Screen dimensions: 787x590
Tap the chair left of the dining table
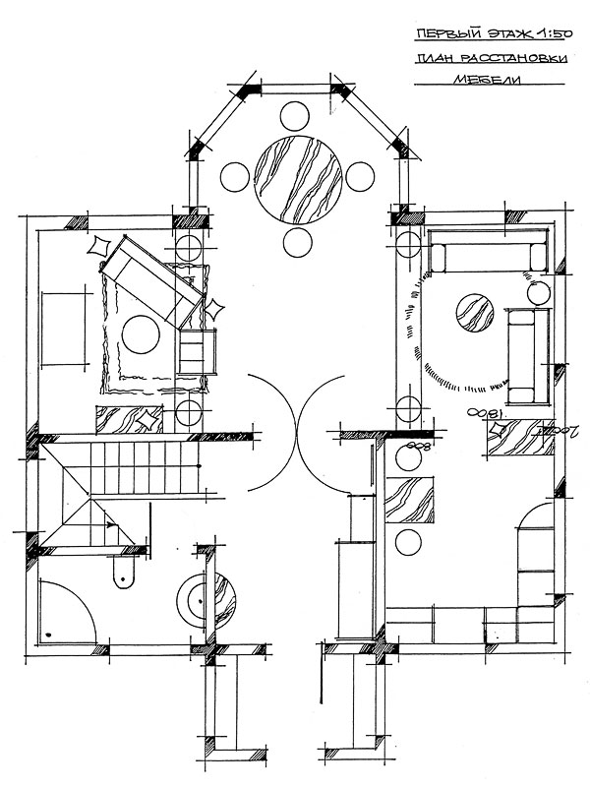pos(235,178)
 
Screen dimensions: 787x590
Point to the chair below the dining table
pos(297,242)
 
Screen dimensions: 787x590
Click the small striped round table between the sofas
pos(474,316)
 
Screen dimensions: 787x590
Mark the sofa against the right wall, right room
pos(529,356)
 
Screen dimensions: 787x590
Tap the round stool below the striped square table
pos(404,540)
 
